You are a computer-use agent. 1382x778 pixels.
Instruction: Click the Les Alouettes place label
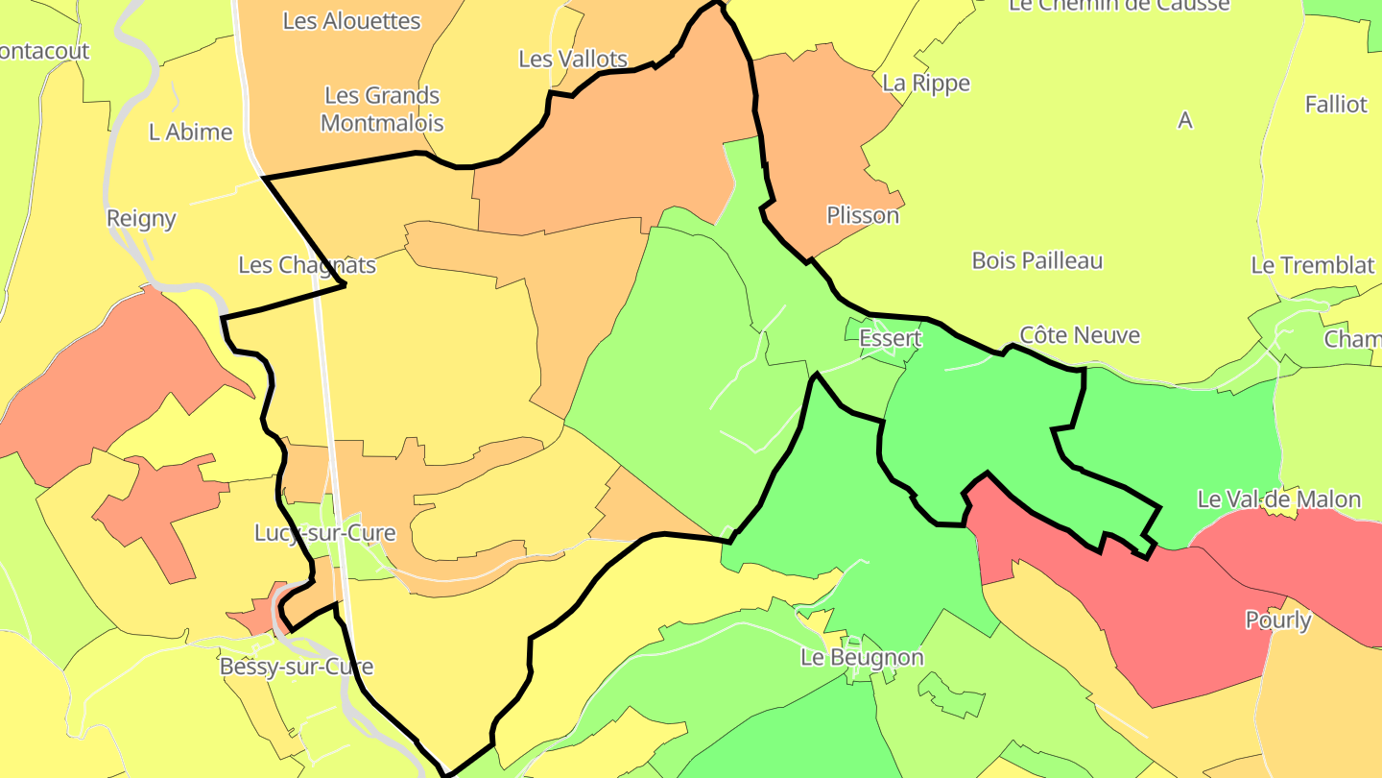point(351,21)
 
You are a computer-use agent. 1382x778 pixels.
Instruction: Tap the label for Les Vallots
point(572,59)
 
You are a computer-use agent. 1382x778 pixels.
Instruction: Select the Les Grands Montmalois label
point(382,109)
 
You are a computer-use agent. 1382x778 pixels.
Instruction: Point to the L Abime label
point(190,133)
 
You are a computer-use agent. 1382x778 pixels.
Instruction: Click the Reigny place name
point(141,218)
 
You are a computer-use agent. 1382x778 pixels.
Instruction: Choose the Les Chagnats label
point(306,264)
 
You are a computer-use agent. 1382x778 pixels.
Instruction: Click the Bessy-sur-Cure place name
point(296,666)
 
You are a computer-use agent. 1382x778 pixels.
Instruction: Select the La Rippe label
point(925,83)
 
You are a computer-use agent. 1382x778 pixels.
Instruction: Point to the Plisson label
point(863,215)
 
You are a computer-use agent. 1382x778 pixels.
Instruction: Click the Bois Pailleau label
point(1036,260)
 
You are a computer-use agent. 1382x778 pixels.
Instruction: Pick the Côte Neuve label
point(1080,335)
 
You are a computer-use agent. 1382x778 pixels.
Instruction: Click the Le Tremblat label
point(1312,265)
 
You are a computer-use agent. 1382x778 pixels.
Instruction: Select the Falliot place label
point(1335,104)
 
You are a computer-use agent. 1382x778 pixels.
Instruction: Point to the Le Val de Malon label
point(1278,499)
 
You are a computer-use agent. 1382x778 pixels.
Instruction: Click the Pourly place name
point(1277,620)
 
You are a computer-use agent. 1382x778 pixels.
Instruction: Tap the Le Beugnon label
point(862,657)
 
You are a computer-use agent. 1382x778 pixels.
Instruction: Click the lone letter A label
point(1185,120)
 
